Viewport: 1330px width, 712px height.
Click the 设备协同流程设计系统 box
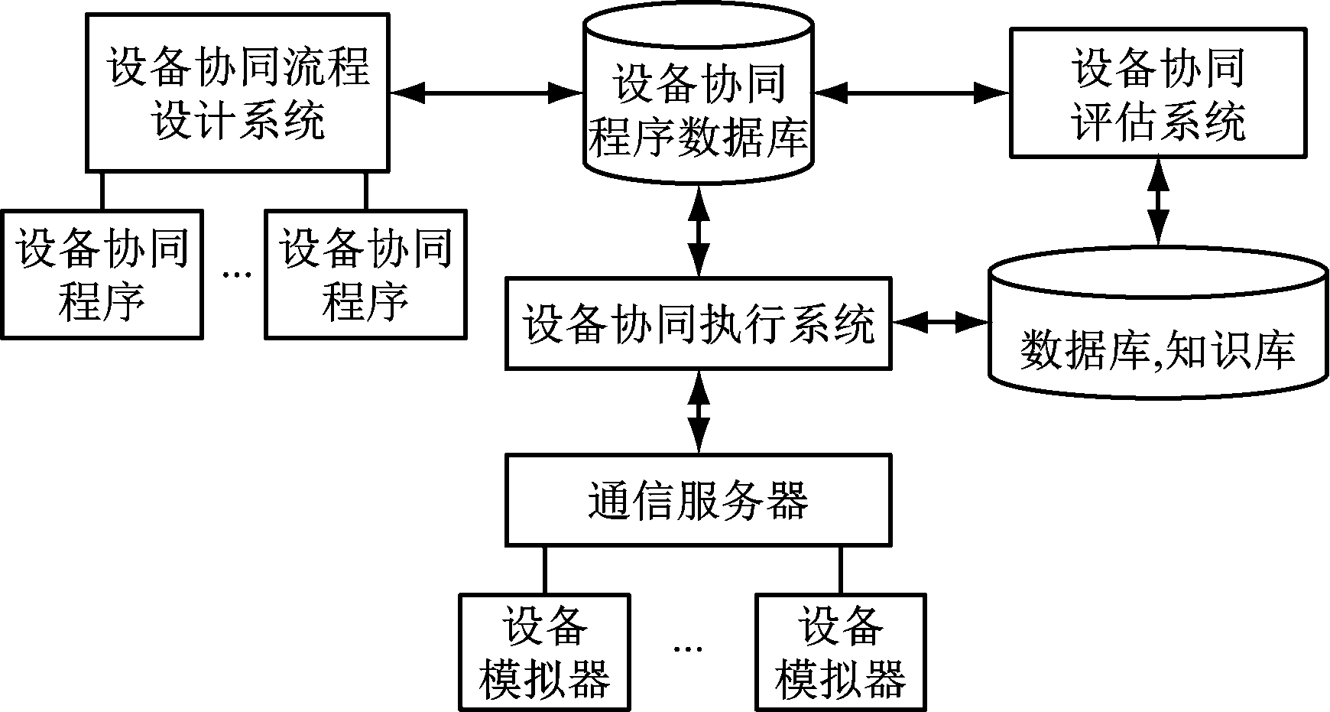[x=237, y=92]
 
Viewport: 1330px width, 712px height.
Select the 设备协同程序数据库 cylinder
[x=698, y=107]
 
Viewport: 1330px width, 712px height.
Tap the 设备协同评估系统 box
[x=1158, y=93]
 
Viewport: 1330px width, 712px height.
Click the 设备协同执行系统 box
[x=698, y=323]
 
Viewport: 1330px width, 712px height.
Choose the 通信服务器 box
[x=698, y=501]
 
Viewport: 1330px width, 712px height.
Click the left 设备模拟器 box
[x=544, y=652]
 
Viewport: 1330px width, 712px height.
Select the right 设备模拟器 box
[x=840, y=652]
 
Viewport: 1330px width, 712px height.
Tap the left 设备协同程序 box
[x=102, y=275]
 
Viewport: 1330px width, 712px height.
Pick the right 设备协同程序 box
[x=365, y=275]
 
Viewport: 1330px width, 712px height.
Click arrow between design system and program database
[x=487, y=93]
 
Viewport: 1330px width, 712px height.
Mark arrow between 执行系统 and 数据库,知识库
[x=941, y=323]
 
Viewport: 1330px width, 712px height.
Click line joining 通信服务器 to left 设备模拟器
[x=545, y=570]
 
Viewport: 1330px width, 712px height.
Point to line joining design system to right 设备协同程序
[x=365, y=190]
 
